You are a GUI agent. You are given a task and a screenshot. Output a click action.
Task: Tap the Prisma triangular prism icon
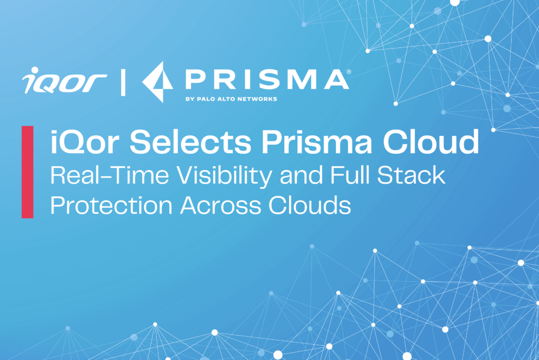(158, 82)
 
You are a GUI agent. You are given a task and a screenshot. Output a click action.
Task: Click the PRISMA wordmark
(267, 79)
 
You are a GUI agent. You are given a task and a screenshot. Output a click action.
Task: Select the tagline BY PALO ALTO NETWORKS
(232, 99)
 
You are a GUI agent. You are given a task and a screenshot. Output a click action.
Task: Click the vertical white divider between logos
(123, 82)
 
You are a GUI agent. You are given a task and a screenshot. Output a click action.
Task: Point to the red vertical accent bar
(27, 172)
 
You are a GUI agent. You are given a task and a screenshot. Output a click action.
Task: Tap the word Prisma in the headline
(316, 142)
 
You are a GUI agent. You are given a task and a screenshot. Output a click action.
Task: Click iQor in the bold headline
(85, 142)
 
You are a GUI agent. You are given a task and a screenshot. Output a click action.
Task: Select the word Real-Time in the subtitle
(109, 175)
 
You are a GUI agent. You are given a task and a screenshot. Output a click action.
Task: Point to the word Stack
(411, 175)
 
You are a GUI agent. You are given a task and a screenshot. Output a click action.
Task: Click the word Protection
(112, 205)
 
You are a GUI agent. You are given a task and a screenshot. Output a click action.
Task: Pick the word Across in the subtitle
(221, 205)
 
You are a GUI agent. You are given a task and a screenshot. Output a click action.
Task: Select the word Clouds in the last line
(310, 205)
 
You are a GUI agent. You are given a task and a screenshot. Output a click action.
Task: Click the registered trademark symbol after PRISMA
(349, 72)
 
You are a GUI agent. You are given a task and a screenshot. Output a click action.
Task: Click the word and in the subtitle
(302, 175)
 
